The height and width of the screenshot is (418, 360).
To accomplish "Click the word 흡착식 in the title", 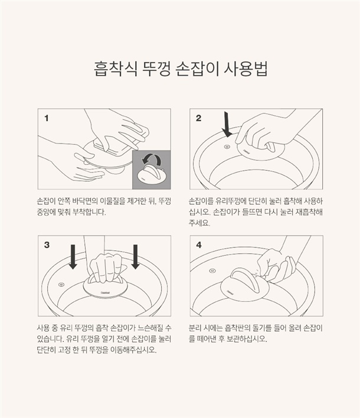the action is (116, 69).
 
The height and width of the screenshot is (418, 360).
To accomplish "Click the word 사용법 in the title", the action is (245, 69).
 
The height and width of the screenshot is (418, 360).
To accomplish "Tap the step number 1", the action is (47, 118).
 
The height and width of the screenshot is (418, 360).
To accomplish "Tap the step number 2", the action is (198, 118).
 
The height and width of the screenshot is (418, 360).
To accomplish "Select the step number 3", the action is (47, 245).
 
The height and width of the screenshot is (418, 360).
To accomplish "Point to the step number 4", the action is (199, 245).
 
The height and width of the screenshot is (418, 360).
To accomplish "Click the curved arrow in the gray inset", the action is (151, 159).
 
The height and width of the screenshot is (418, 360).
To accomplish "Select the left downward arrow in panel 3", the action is (73, 257).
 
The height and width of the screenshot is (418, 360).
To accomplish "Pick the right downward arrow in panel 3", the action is (135, 257).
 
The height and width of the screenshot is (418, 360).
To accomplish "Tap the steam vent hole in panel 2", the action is (227, 146).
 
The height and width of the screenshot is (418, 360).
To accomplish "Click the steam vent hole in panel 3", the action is (61, 285).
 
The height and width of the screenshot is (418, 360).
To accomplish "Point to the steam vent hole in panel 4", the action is (212, 271).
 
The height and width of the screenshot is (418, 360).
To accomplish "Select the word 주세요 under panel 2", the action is (199, 223).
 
